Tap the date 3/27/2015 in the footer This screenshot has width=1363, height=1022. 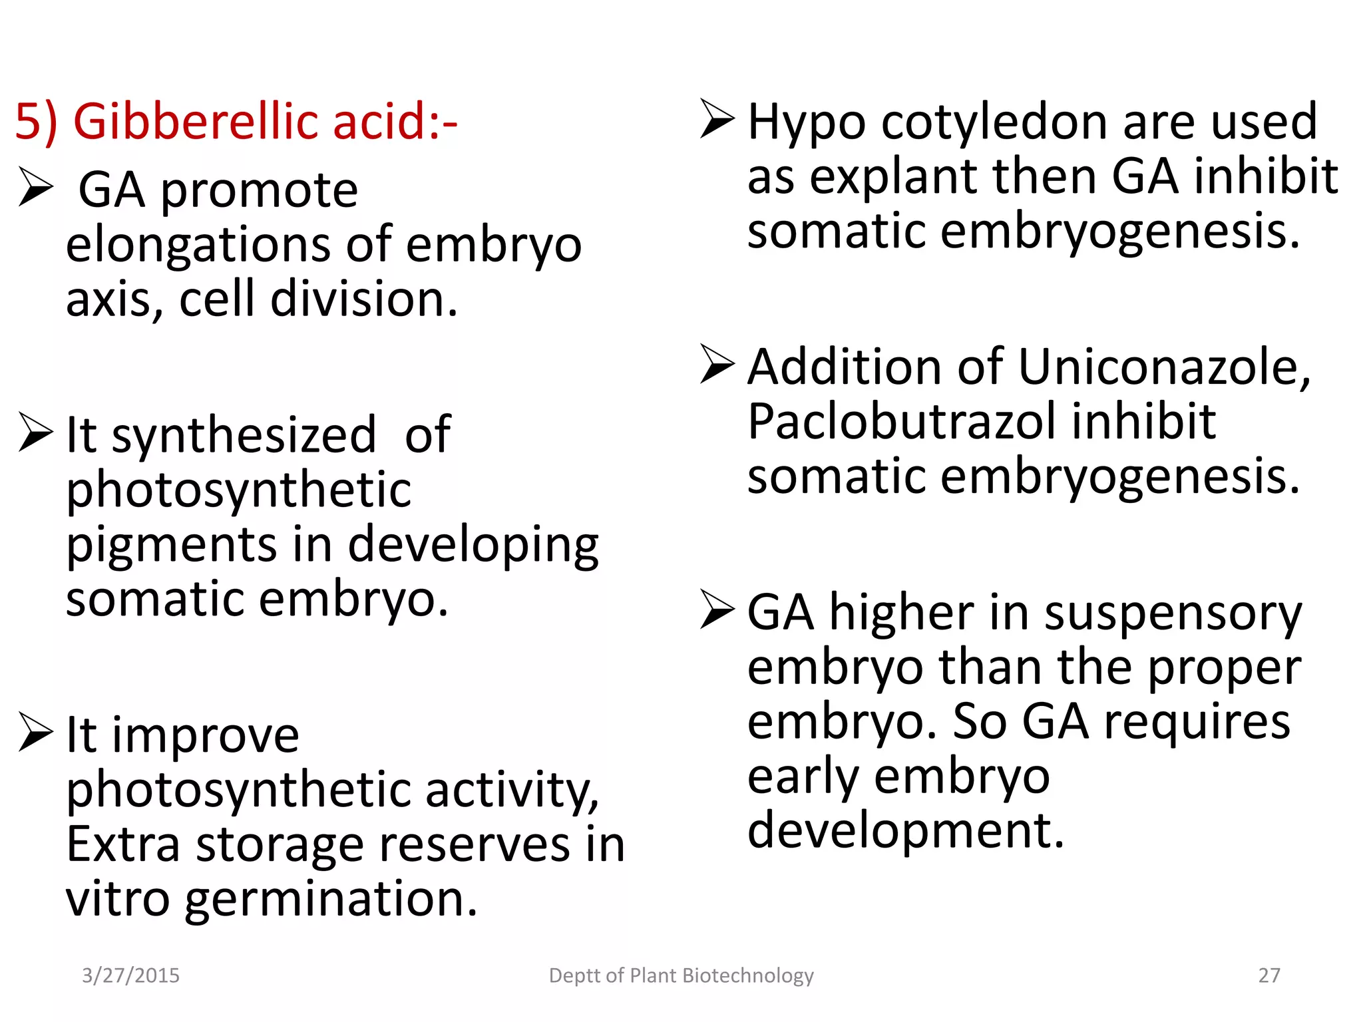click(130, 975)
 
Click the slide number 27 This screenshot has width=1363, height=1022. click(1269, 975)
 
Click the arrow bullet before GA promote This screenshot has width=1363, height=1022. click(36, 187)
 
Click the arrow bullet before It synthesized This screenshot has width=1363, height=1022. click(36, 432)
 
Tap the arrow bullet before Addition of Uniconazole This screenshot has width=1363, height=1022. click(717, 364)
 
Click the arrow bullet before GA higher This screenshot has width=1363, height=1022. click(717, 609)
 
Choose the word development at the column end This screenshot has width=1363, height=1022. click(905, 830)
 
